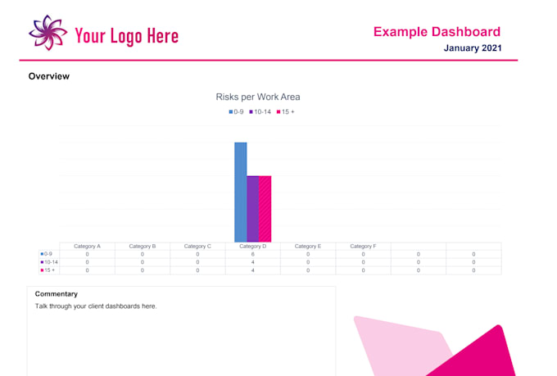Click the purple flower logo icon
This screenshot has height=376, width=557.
[x=48, y=33]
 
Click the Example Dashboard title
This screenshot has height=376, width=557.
[x=437, y=32]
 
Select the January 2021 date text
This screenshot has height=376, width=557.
[x=472, y=48]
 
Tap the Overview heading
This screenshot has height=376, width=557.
[x=48, y=76]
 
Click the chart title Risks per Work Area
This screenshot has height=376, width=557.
[x=257, y=97]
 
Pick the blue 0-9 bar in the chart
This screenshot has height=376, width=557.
[x=241, y=192]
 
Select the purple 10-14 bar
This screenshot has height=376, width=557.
[x=253, y=208]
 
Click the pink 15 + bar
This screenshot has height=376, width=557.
[x=265, y=208]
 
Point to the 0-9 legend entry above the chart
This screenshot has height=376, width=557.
[x=237, y=111]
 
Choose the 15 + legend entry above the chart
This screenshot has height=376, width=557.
[x=285, y=111]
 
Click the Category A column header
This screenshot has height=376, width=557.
[x=87, y=246]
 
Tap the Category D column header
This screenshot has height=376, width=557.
[x=252, y=246]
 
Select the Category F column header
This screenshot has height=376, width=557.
[x=363, y=246]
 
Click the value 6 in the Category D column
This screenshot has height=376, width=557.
[x=252, y=254]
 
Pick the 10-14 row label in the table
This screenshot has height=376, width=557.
[x=49, y=262]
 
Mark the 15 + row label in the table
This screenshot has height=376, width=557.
[x=48, y=270]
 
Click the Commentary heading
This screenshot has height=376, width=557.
[x=57, y=293]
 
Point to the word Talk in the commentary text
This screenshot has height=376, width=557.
[x=42, y=306]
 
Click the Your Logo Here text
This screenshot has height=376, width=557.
[x=126, y=35]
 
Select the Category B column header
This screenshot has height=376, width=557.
[x=142, y=246]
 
